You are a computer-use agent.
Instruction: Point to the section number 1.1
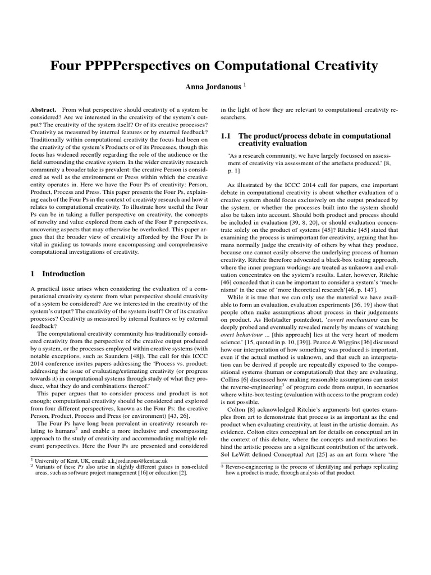point(226,136)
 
